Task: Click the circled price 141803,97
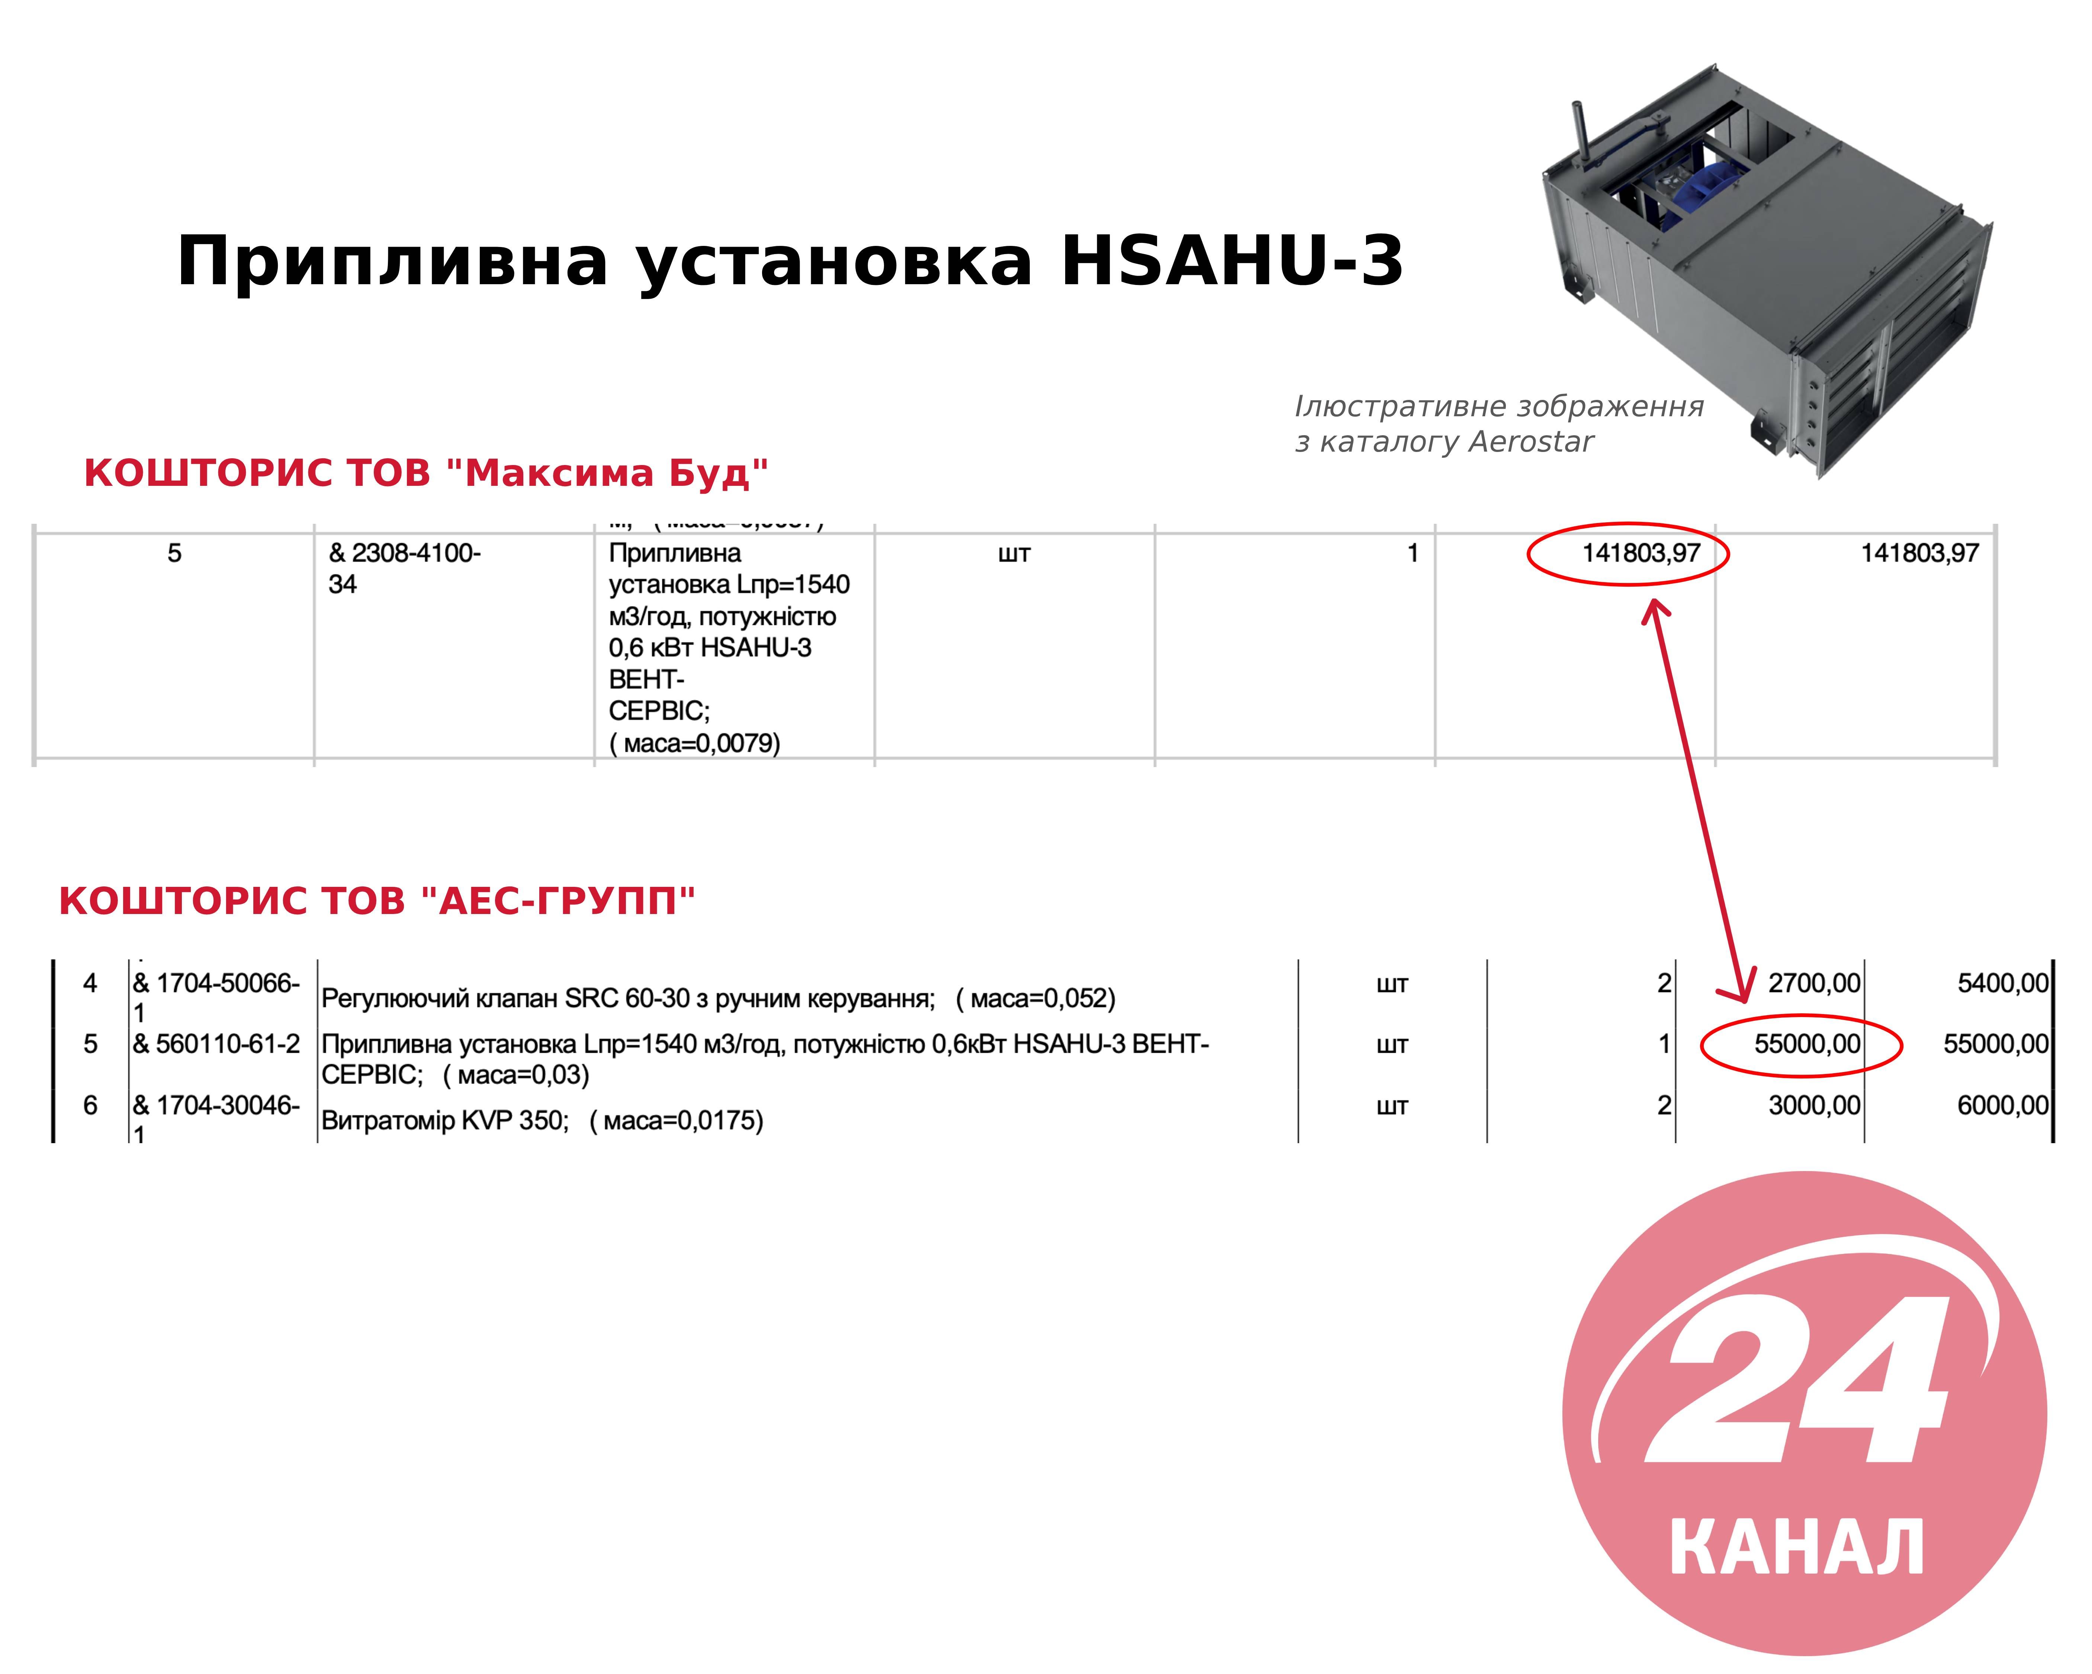[1641, 553]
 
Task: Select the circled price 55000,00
[1807, 1044]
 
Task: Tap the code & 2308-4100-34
[405, 569]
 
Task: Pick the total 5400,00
[2003, 983]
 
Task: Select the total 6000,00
[2003, 1105]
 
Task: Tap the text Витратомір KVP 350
[443, 1121]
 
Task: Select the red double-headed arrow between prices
[1700, 801]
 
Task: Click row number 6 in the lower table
[90, 1105]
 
